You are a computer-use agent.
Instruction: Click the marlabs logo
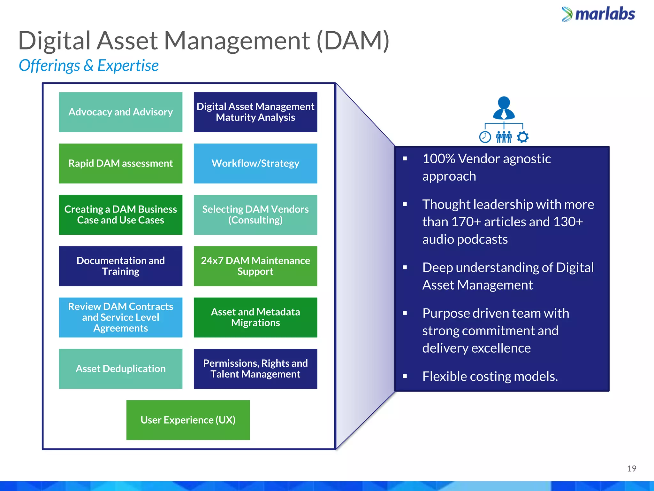click(598, 14)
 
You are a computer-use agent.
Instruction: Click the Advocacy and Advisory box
click(120, 112)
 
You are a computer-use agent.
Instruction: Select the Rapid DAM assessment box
click(120, 163)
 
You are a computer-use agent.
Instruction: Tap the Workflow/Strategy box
click(255, 163)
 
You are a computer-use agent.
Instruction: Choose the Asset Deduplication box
click(120, 369)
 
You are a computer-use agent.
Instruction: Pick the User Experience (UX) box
click(188, 420)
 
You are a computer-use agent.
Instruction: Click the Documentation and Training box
click(120, 266)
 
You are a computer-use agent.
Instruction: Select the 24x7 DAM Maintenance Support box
click(255, 266)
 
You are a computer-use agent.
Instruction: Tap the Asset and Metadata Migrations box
click(255, 317)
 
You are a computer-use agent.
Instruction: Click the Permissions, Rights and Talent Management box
click(255, 369)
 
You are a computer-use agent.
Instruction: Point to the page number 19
click(631, 469)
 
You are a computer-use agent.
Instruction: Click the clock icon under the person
click(485, 137)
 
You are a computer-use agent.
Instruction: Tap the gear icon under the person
click(523, 137)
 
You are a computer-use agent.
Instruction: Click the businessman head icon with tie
click(504, 108)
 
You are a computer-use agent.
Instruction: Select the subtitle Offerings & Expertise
click(88, 66)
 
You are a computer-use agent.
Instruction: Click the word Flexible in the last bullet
click(444, 377)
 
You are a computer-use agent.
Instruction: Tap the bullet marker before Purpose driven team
click(405, 314)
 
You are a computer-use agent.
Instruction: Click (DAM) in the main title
click(353, 41)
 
